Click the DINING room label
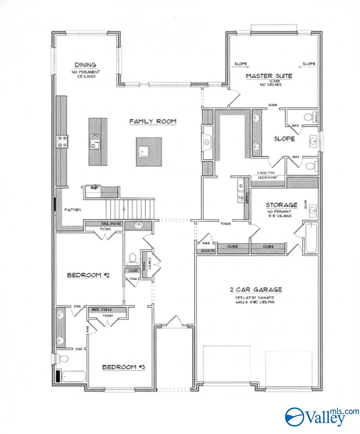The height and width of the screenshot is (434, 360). [x=85, y=65]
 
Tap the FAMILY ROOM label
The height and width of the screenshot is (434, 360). [x=153, y=121]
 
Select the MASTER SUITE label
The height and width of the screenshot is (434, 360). [x=269, y=76]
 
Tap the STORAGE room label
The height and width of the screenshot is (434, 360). [x=282, y=205]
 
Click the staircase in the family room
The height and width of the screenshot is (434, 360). [x=130, y=209]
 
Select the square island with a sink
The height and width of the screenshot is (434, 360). [x=147, y=151]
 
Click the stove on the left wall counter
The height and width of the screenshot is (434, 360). [x=62, y=141]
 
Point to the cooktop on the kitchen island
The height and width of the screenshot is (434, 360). [x=95, y=141]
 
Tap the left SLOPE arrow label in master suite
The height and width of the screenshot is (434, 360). [x=241, y=64]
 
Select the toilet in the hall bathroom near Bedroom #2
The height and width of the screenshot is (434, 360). [x=133, y=258]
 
